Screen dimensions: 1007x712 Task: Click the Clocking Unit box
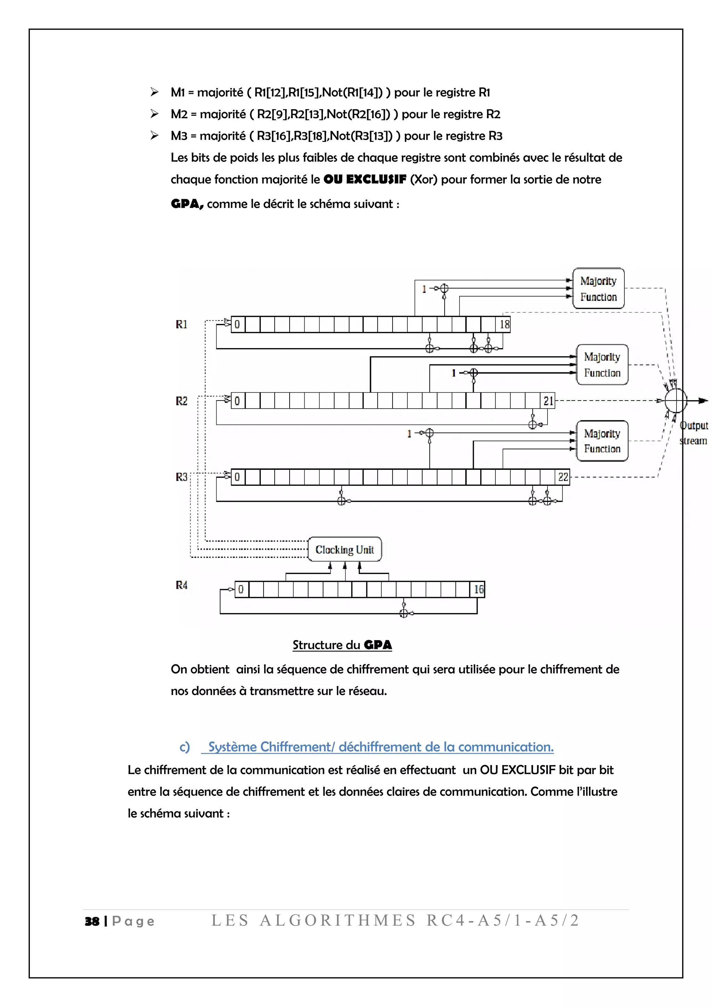345,549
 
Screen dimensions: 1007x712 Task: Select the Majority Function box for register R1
598,289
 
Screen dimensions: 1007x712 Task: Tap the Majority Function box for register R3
601,441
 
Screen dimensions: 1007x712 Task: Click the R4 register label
181,585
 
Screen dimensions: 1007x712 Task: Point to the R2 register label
181,401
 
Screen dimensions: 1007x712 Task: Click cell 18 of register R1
504,324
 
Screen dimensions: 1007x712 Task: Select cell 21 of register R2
548,401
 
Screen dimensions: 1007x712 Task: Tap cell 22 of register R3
563,477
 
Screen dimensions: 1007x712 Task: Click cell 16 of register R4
479,589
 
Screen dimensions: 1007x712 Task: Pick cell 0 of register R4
241,589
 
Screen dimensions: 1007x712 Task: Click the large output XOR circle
675,401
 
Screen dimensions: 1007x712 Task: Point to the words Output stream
694,433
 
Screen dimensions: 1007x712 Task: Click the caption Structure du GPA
342,645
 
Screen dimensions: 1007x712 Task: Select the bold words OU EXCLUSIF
365,179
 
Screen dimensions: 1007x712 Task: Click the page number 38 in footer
92,921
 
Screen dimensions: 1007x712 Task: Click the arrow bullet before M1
154,92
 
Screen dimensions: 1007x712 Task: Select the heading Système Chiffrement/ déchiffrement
381,747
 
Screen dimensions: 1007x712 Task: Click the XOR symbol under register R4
404,613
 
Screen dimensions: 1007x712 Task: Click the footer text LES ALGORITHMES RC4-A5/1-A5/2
395,920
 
